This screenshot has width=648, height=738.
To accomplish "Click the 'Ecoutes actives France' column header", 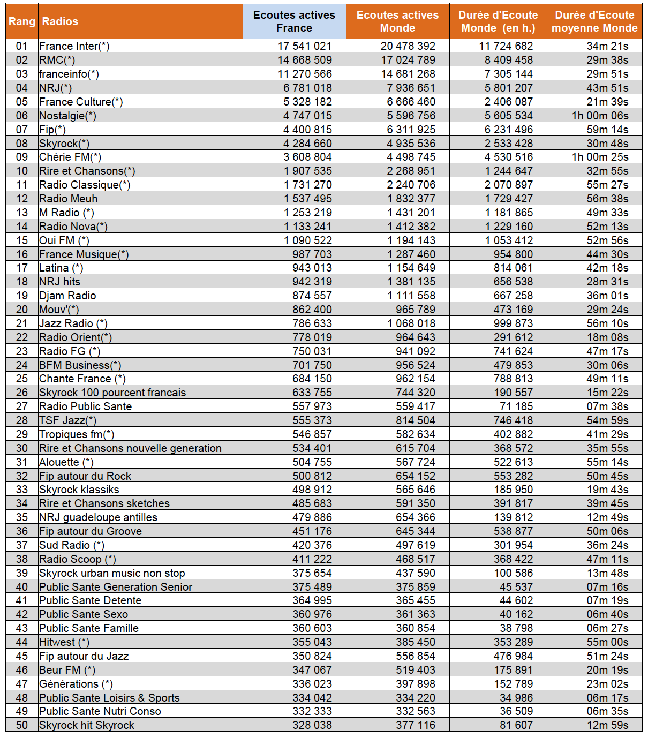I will (294, 21).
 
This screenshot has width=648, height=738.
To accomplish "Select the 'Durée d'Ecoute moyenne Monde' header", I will (594, 21).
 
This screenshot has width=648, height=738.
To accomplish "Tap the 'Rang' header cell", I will (22, 21).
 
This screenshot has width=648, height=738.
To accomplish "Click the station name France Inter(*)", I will (74, 46).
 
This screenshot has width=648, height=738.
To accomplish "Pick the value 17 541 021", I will (304, 46).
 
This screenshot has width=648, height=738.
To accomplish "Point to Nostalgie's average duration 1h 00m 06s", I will (600, 116).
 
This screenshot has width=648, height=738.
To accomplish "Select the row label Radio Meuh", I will (69, 199).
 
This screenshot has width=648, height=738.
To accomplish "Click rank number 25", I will (22, 379).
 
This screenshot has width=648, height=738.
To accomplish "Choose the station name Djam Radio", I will (67, 296).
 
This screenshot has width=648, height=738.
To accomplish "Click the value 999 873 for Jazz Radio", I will (513, 323).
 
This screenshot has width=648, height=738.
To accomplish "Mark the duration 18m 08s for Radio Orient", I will (607, 337).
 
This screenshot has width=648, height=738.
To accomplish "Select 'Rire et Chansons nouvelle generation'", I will (130, 448).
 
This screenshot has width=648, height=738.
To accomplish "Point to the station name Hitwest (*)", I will (64, 642).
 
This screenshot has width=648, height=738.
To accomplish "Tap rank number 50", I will (22, 725).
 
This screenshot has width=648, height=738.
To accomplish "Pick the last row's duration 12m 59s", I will (607, 725).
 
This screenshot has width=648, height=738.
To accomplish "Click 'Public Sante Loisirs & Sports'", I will (109, 698).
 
